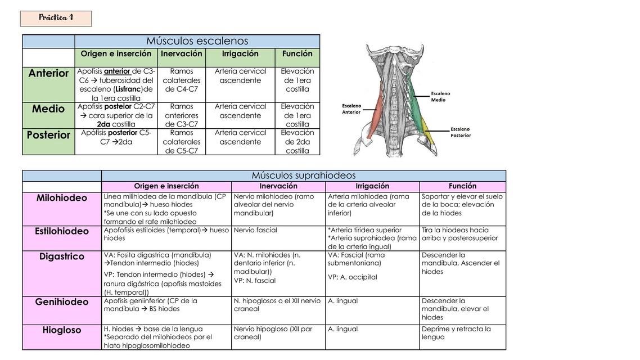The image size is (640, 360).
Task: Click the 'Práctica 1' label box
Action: point(56,19)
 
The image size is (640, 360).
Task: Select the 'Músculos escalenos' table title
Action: point(197,41)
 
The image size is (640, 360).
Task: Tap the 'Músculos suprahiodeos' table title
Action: point(304,175)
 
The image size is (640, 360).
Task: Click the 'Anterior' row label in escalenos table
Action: point(48,74)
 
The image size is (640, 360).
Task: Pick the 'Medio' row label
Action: point(48,109)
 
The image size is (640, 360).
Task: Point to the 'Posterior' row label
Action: point(48,135)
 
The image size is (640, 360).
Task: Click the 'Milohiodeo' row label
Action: point(62,198)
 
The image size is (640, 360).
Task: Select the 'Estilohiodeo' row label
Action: point(62,231)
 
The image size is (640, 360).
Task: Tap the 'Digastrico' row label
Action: point(62,256)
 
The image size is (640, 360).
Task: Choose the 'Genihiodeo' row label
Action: point(62,302)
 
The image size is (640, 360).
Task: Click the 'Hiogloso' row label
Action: point(62,330)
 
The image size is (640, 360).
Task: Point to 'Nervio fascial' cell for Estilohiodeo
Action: point(255,230)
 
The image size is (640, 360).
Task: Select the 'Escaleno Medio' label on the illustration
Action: point(440,97)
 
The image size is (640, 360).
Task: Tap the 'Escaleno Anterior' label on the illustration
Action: point(351,109)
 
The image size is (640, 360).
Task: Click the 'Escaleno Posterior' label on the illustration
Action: point(461,132)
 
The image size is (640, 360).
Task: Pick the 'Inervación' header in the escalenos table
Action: point(182,54)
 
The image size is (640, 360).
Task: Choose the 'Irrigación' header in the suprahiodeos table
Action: point(372,186)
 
